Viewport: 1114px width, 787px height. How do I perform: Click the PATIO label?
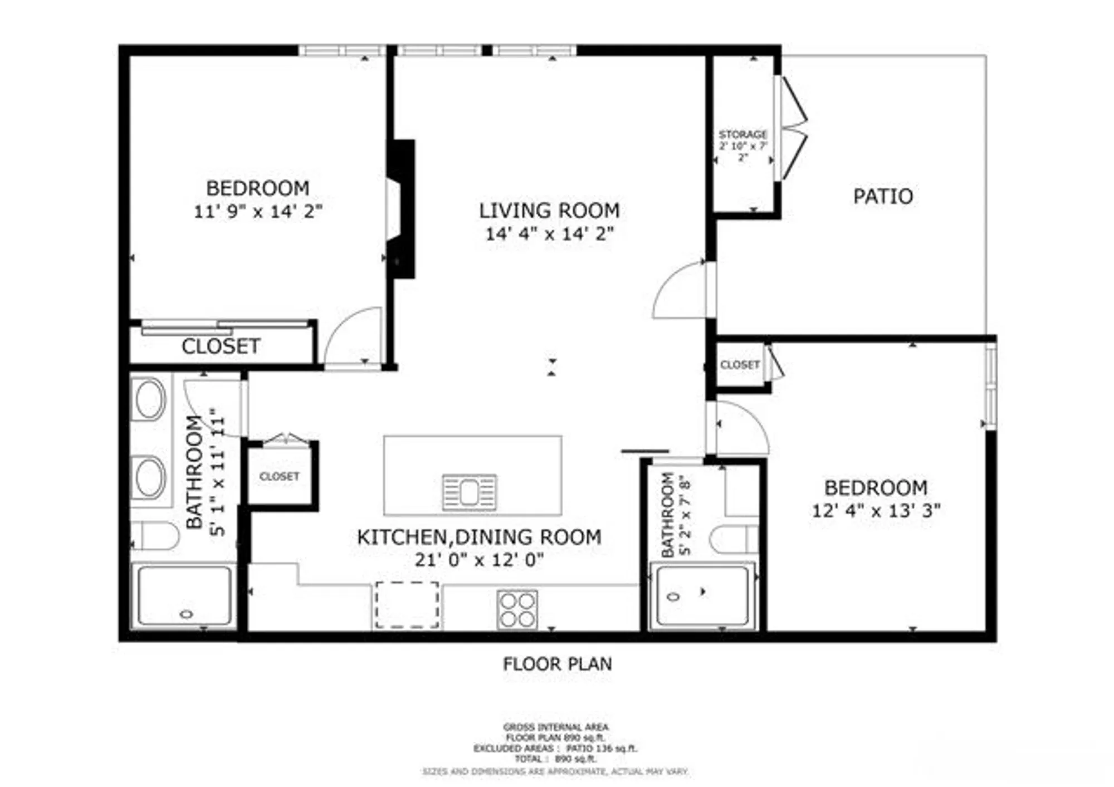pyautogui.click(x=883, y=196)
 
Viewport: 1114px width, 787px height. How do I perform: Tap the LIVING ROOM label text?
pyautogui.click(x=549, y=211)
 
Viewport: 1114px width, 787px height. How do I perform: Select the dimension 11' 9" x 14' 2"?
pyautogui.click(x=258, y=212)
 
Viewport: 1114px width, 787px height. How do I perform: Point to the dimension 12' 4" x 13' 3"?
pyautogui.click(x=876, y=510)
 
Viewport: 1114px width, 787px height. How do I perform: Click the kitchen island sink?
pyautogui.click(x=468, y=492)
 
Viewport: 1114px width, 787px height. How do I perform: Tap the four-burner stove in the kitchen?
pyautogui.click(x=517, y=609)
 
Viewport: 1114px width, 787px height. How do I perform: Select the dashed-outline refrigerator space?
pyautogui.click(x=407, y=605)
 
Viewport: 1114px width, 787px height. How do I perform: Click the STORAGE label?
pyautogui.click(x=742, y=134)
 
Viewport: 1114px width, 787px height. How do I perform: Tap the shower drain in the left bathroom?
pyautogui.click(x=187, y=614)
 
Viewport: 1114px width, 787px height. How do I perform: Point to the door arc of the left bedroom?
pyautogui.click(x=351, y=334)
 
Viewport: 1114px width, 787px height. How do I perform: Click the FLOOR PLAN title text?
pyautogui.click(x=557, y=664)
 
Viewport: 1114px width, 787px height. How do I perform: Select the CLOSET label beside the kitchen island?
pyautogui.click(x=279, y=477)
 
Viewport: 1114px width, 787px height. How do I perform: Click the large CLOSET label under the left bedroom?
pyautogui.click(x=221, y=346)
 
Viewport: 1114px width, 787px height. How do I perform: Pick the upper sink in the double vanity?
pyautogui.click(x=149, y=398)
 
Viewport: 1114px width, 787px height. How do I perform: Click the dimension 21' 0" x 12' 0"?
pyautogui.click(x=479, y=559)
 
